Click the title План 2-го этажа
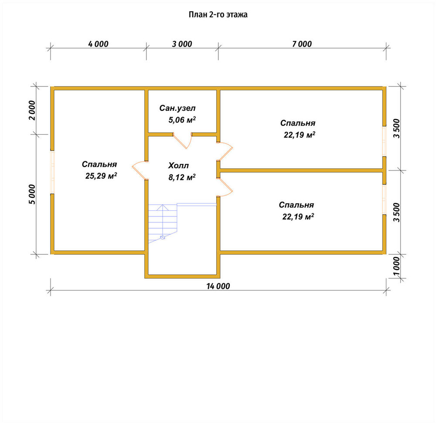[x=218, y=14]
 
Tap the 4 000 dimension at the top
[x=98, y=44]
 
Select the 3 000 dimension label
[x=182, y=44]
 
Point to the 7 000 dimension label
[x=302, y=44]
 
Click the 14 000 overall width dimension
[x=218, y=286]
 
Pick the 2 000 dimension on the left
[x=32, y=110]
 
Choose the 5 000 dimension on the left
[x=32, y=194]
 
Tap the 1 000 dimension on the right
[x=396, y=266]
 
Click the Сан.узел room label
[x=177, y=108]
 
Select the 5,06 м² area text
[x=182, y=120]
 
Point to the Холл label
[x=178, y=165]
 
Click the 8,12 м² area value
[x=182, y=177]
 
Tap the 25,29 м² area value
[x=101, y=176]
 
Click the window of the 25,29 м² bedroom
[x=52, y=172]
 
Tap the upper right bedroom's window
[x=384, y=141]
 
